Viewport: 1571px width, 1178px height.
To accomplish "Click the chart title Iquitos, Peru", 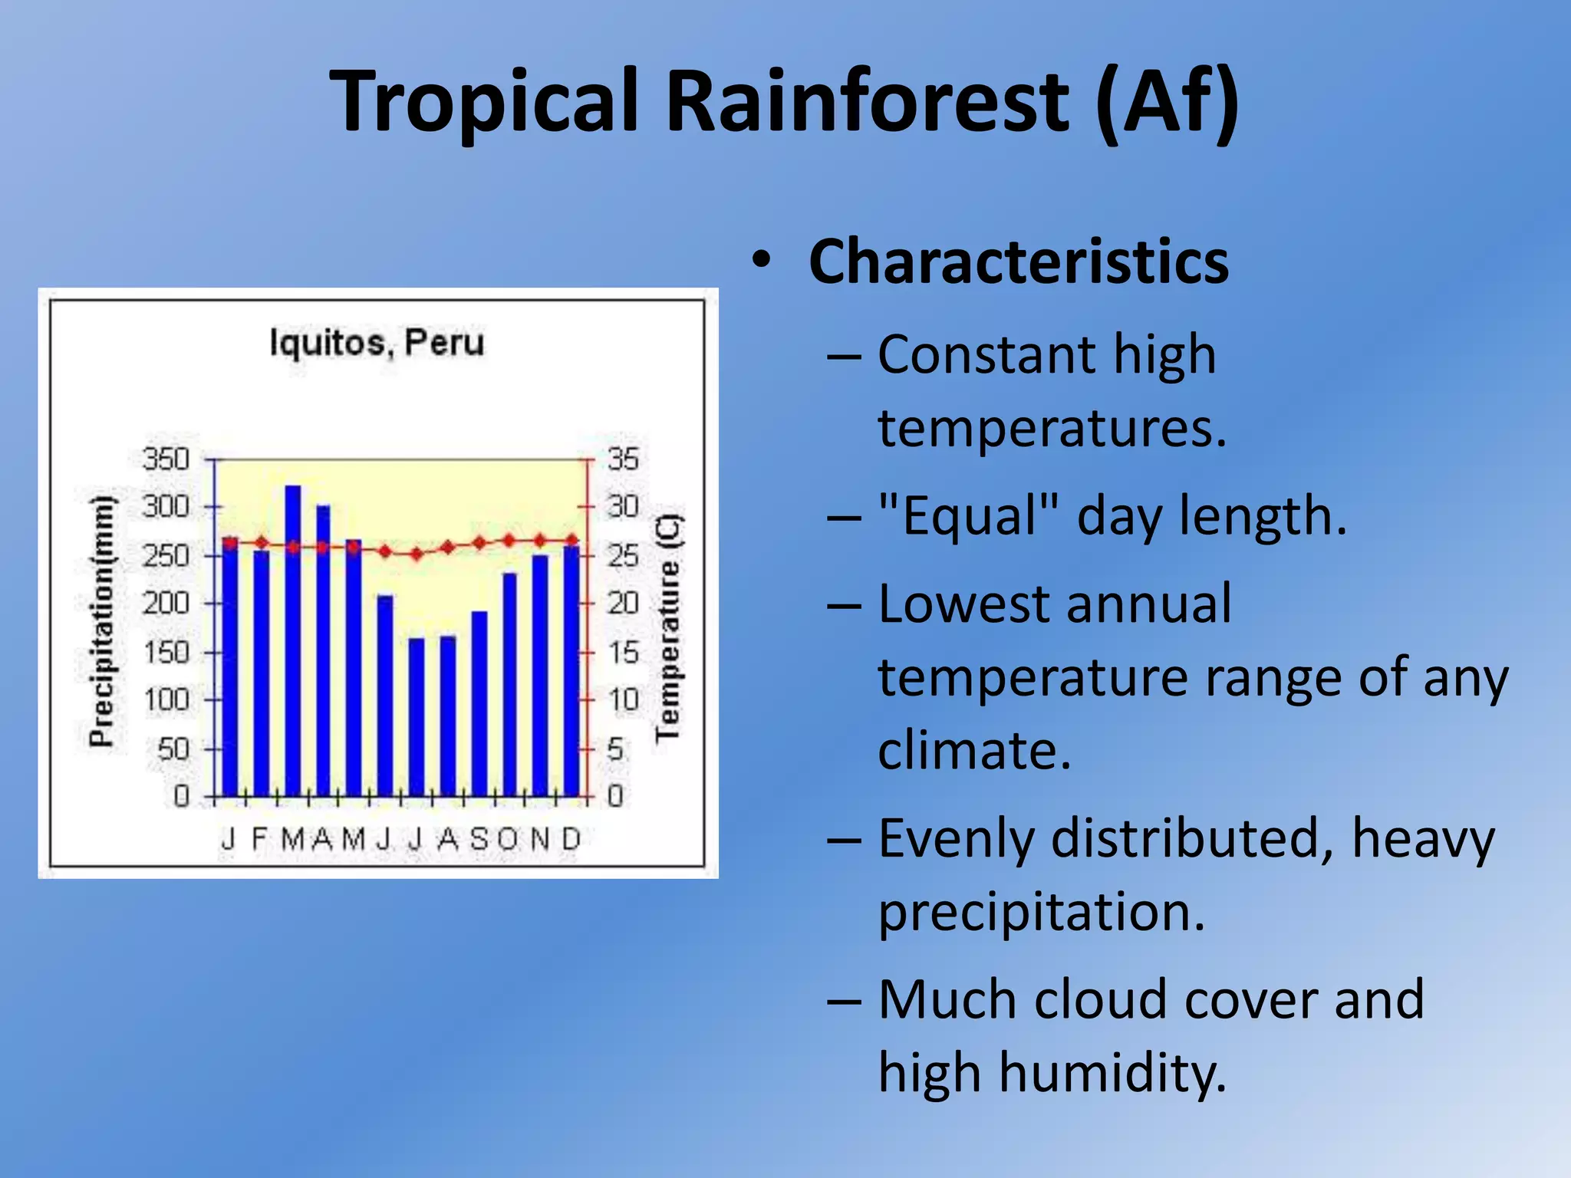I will (x=377, y=342).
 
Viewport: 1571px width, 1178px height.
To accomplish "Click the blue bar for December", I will (x=571, y=671).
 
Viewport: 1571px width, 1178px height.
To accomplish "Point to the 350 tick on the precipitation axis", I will (x=166, y=459).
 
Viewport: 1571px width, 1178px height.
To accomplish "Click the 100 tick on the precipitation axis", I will (x=166, y=699).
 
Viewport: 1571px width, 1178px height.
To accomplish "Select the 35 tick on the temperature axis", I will (x=623, y=459).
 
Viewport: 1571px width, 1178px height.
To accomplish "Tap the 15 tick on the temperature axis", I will (x=623, y=653).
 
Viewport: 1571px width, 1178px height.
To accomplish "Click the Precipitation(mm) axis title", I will (x=101, y=621).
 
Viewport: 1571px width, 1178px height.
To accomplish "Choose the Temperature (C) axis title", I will (x=667, y=629).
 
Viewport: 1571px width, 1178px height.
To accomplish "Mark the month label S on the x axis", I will (x=479, y=839).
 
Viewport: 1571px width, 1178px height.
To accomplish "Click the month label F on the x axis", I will (x=259, y=839).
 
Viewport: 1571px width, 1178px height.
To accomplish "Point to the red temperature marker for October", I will (x=509, y=541).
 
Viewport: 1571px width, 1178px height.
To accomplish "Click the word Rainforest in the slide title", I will (x=867, y=101).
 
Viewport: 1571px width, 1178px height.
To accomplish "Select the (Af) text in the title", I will (x=1167, y=101).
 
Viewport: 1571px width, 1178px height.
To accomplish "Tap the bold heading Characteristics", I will (x=1018, y=262).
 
